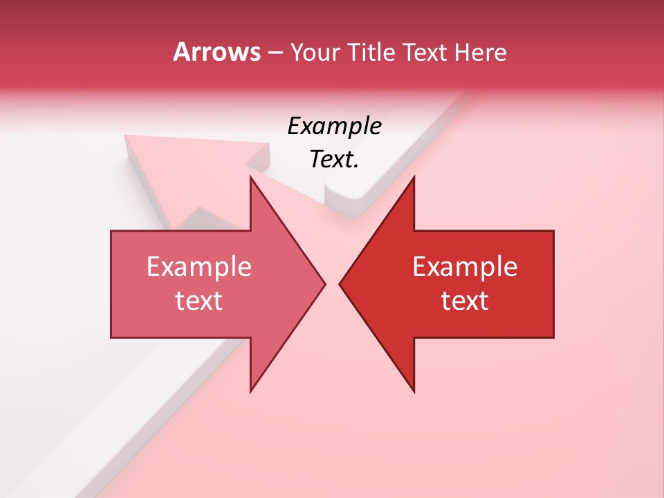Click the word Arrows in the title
click(216, 52)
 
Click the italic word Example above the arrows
click(334, 127)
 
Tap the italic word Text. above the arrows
click(334, 160)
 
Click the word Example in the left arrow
click(199, 267)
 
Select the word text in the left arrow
click(199, 301)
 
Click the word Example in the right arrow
click(465, 267)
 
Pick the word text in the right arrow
click(465, 301)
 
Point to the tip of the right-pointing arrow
click(324, 284)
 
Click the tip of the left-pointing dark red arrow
click(340, 284)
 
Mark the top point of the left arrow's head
click(250, 177)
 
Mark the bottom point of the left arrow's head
click(250, 391)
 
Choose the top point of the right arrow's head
click(414, 177)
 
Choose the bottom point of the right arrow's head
click(414, 391)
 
